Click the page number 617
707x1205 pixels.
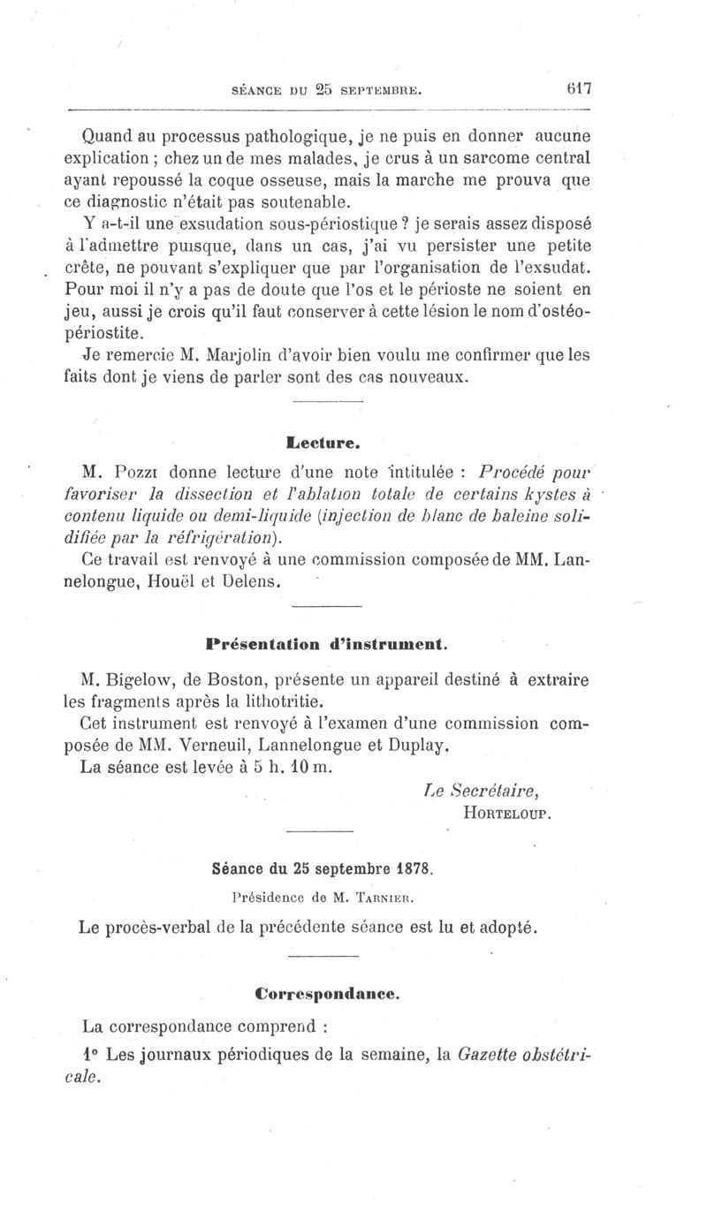click(578, 89)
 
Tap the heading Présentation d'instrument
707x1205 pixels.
click(326, 644)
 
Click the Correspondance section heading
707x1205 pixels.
click(327, 993)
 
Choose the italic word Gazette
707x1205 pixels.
click(498, 1054)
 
